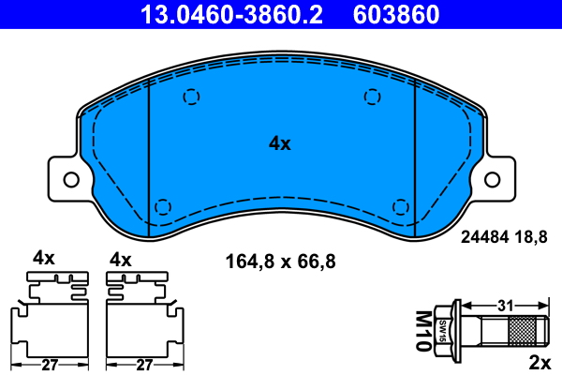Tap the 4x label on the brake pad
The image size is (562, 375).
[x=280, y=143]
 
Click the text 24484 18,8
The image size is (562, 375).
[x=503, y=238]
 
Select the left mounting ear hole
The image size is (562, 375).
[x=69, y=177]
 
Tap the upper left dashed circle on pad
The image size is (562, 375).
[x=191, y=96]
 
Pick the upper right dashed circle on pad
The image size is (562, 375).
[x=373, y=96]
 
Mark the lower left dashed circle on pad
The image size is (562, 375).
[x=163, y=207]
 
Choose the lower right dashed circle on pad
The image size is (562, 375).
[x=400, y=207]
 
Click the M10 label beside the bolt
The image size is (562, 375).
[x=423, y=331]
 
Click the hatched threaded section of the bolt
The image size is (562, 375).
[x=525, y=331]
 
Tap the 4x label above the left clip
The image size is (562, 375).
[x=44, y=257]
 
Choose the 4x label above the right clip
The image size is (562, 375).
[x=122, y=257]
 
